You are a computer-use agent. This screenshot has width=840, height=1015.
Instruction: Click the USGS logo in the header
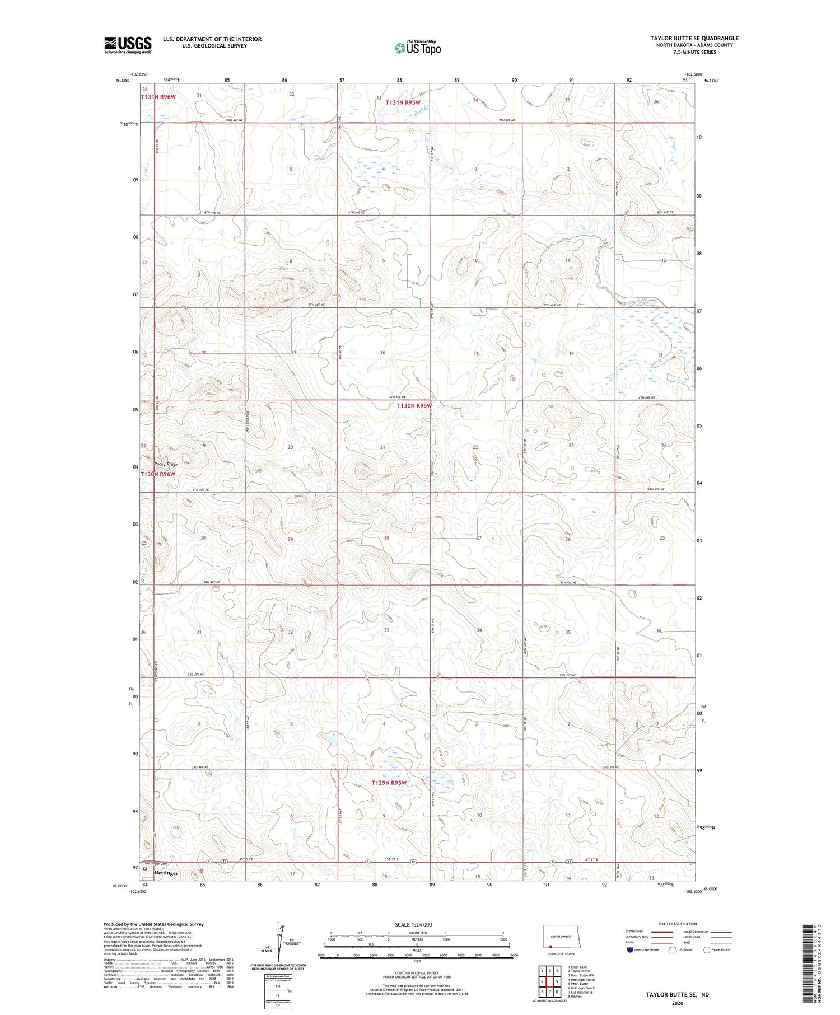pos(128,45)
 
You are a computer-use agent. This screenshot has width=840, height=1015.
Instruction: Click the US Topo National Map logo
pos(417,48)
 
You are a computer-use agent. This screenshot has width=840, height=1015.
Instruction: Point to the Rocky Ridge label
pos(166,465)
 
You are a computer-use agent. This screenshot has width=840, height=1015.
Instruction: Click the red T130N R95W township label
pos(414,405)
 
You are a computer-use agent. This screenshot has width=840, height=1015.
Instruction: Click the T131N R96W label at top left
pos(159,97)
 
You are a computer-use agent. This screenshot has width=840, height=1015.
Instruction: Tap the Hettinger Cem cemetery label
pos(156,864)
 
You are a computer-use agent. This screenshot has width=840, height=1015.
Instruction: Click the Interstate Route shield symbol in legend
pos(630,949)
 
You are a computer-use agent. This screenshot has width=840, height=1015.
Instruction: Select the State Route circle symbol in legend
pos(707,949)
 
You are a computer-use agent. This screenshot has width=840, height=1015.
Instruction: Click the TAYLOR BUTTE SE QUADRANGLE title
pos(694,38)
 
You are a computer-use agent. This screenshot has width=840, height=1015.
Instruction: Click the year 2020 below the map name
pos(677,1003)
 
